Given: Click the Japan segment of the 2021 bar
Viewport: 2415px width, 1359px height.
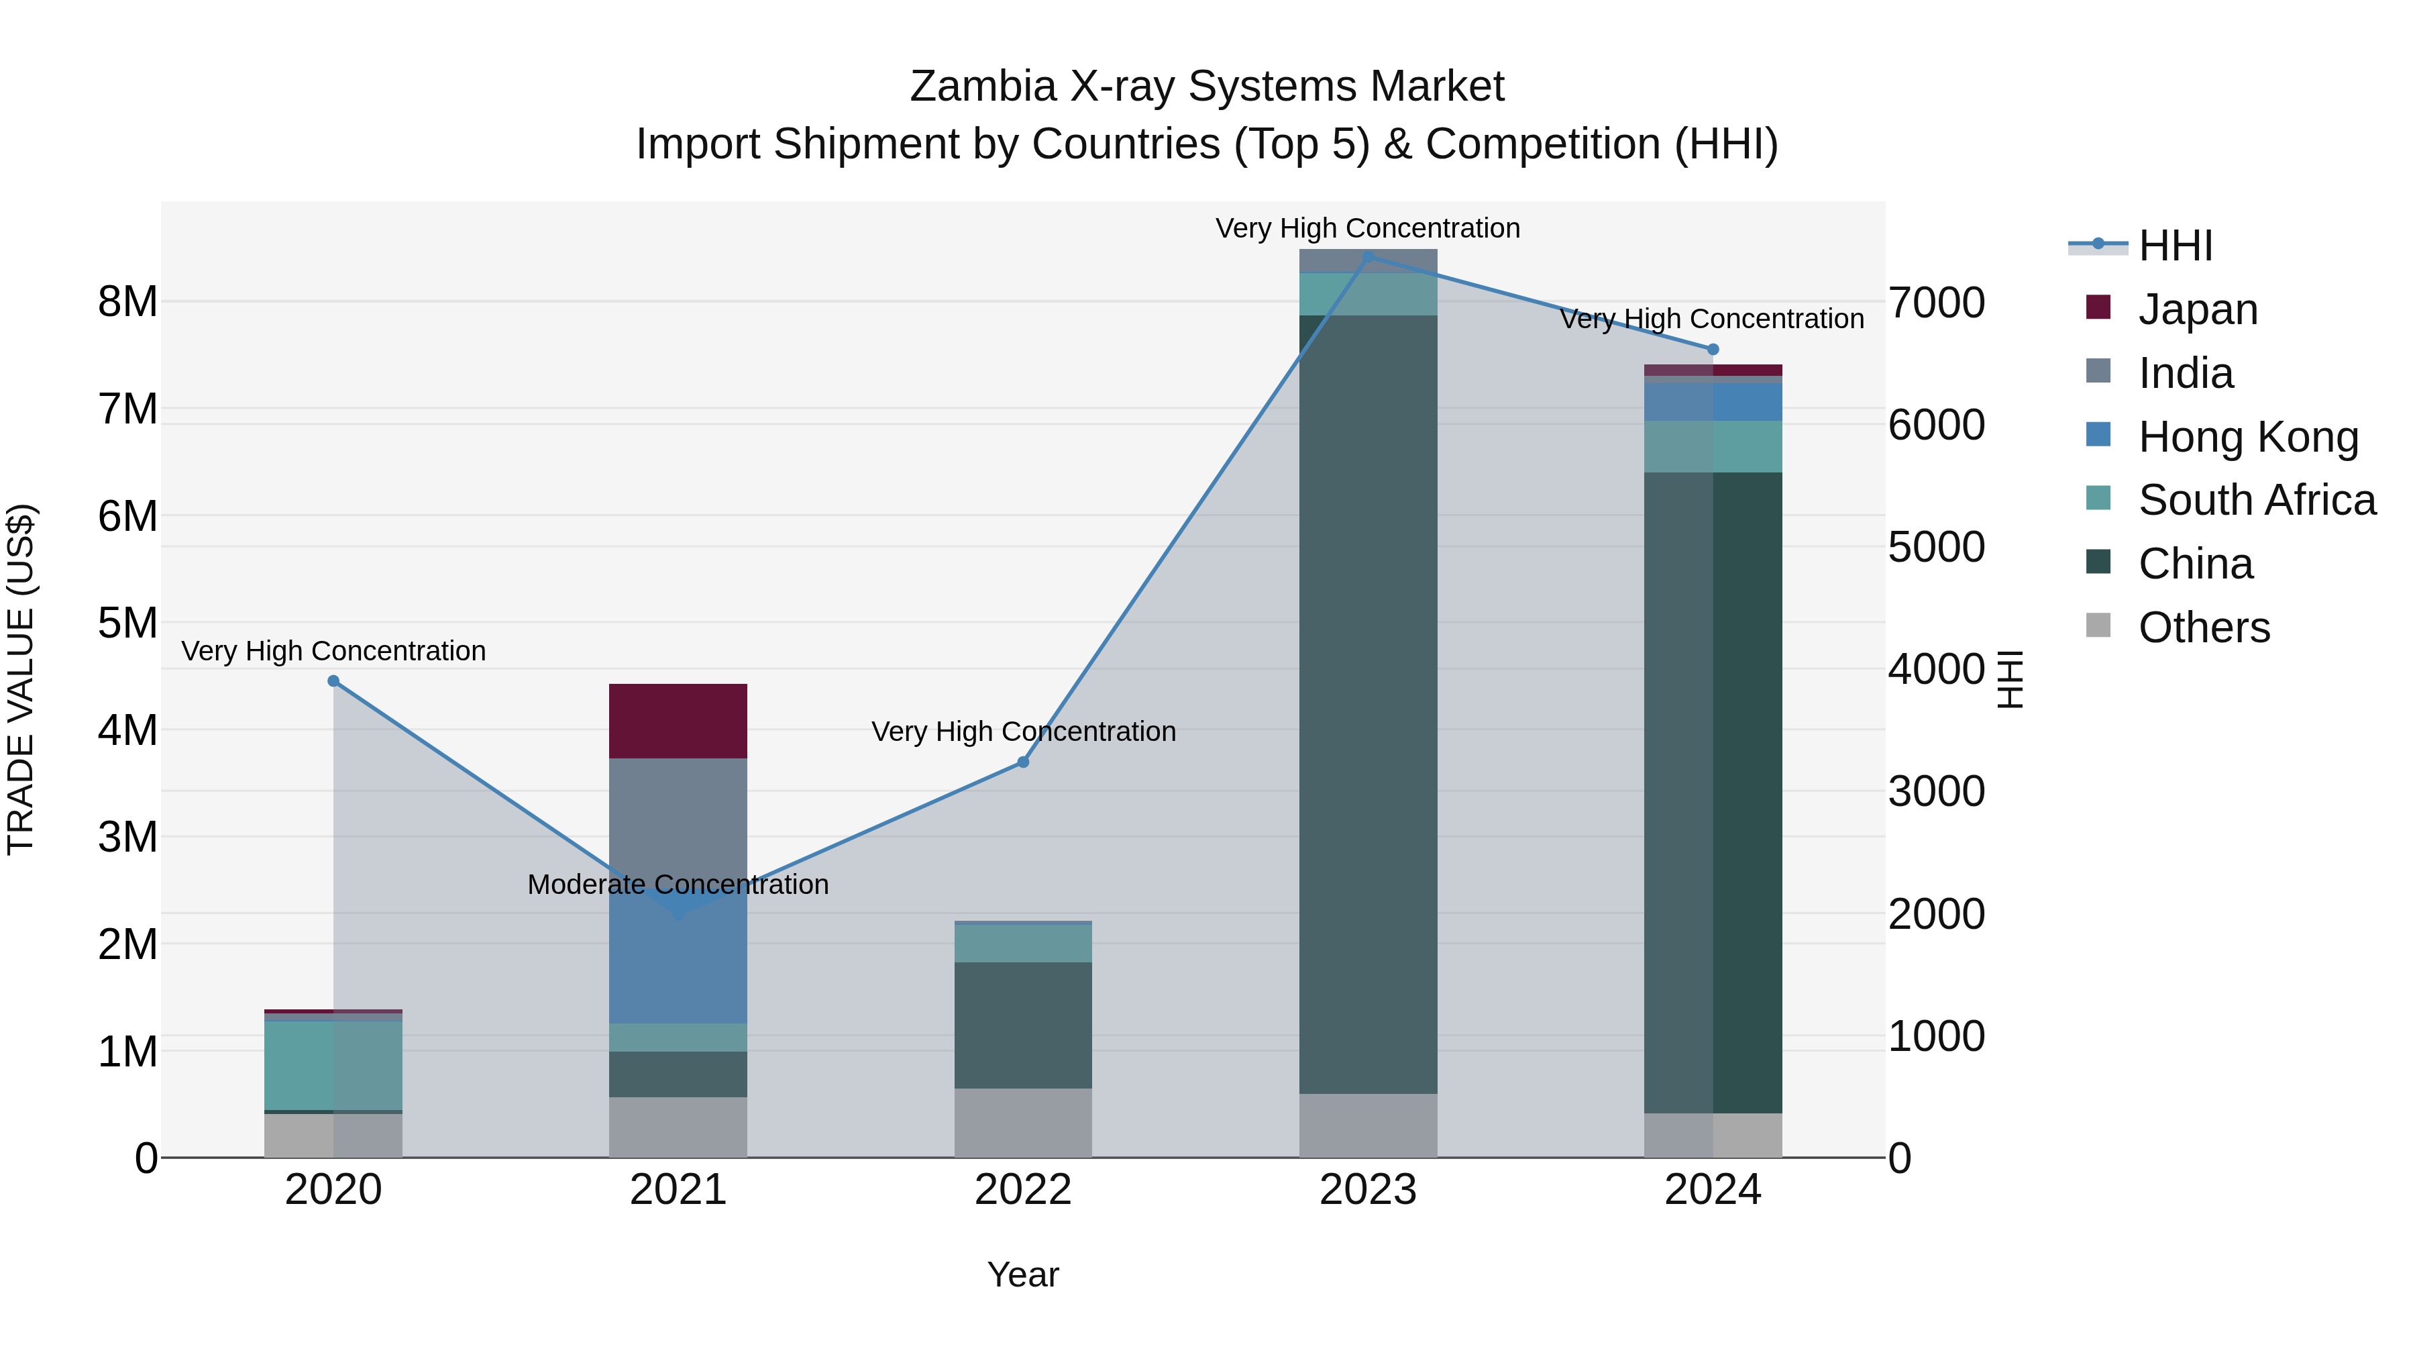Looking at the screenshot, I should (x=678, y=720).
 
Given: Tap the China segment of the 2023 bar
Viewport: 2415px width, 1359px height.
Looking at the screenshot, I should (x=1368, y=703).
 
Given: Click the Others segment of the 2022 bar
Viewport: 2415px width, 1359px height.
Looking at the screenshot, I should (x=1023, y=1123).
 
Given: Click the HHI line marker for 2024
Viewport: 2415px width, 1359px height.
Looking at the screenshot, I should (x=1713, y=350).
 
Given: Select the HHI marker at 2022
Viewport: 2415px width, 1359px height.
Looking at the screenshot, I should (x=1023, y=762).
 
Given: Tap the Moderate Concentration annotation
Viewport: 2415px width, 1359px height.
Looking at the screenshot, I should (x=678, y=885).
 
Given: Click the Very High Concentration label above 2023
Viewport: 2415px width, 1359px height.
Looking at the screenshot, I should (x=1368, y=228).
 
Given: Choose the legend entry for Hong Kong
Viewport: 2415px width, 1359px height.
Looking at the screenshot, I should (x=2248, y=436).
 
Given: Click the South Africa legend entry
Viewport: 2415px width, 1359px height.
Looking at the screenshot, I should (x=2257, y=500).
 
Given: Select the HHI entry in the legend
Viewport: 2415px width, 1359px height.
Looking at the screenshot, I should (x=2175, y=246).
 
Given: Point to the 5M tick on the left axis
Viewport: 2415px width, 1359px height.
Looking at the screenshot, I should (x=127, y=623).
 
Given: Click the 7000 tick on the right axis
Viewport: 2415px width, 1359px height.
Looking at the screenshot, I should (x=1936, y=303).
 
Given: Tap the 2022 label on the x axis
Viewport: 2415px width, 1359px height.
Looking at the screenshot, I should (x=1023, y=1190).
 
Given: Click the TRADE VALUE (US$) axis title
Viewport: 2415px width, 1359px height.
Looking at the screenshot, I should (x=21, y=679).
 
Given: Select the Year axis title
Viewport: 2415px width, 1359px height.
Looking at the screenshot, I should (x=1023, y=1274).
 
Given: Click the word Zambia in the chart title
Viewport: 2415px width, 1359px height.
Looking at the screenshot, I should (x=983, y=87).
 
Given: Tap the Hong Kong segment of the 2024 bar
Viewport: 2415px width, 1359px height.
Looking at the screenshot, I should (x=1713, y=401).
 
